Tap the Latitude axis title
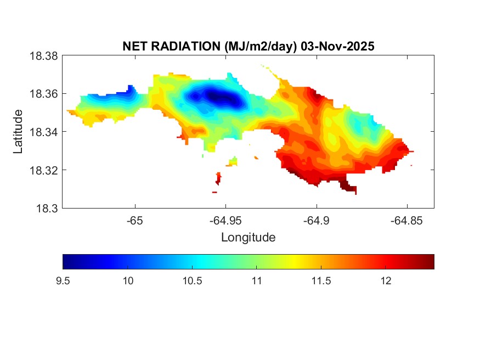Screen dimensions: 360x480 point(19,132)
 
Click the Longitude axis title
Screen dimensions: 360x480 point(248,238)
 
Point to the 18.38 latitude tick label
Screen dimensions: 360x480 point(45,55)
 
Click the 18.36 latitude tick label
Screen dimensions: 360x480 point(45,94)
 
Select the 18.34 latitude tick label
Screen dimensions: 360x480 point(45,132)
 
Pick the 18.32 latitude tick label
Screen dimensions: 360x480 point(45,170)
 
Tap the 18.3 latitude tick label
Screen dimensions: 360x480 point(48,209)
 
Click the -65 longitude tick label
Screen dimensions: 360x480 point(135,220)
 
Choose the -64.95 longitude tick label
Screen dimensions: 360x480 point(225,220)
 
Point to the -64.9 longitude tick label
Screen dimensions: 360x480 point(316,220)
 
